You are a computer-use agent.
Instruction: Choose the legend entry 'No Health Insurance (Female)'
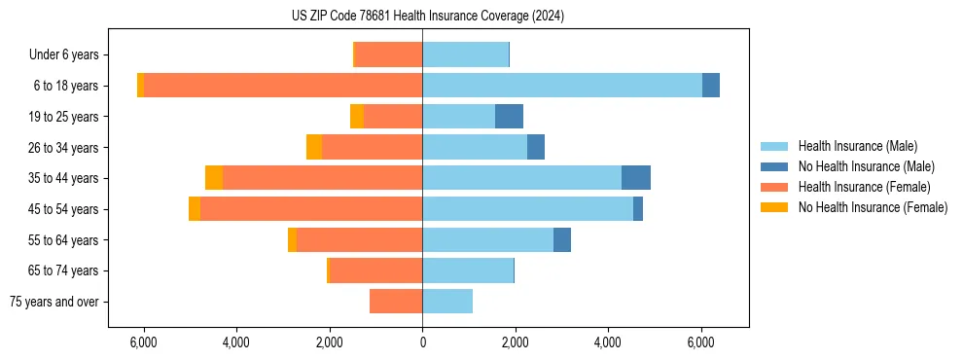(x=873, y=207)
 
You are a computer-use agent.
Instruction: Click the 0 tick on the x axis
(x=422, y=343)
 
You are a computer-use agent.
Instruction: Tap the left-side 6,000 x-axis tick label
(x=143, y=343)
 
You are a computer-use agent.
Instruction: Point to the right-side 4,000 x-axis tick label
(x=608, y=343)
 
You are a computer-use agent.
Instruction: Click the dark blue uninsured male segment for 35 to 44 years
(x=636, y=178)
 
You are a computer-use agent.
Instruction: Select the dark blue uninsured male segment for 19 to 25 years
(x=509, y=117)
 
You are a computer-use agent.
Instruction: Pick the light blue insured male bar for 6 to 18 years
(x=562, y=86)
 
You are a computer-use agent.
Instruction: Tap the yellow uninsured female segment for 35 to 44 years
(x=214, y=178)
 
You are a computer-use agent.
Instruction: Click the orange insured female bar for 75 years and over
(x=396, y=302)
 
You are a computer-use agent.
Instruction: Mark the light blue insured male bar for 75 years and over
(x=447, y=302)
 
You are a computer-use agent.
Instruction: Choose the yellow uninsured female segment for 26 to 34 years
(x=314, y=147)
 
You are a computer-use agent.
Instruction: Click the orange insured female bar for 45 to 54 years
(x=311, y=209)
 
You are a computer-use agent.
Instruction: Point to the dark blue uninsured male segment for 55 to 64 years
(x=562, y=240)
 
